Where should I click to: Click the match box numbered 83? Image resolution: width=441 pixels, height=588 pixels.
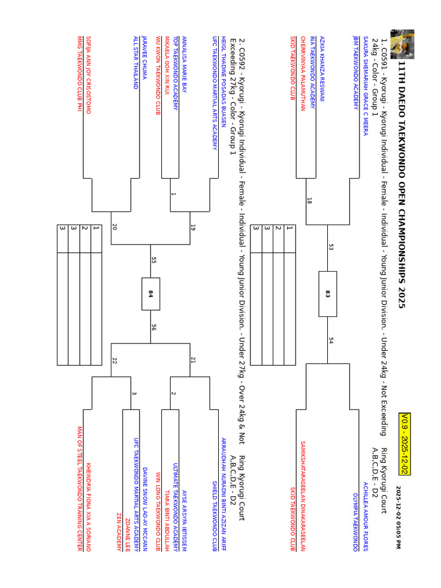(328, 293)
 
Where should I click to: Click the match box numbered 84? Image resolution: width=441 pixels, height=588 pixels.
(151, 293)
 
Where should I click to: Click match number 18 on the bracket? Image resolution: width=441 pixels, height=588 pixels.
(310, 201)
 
